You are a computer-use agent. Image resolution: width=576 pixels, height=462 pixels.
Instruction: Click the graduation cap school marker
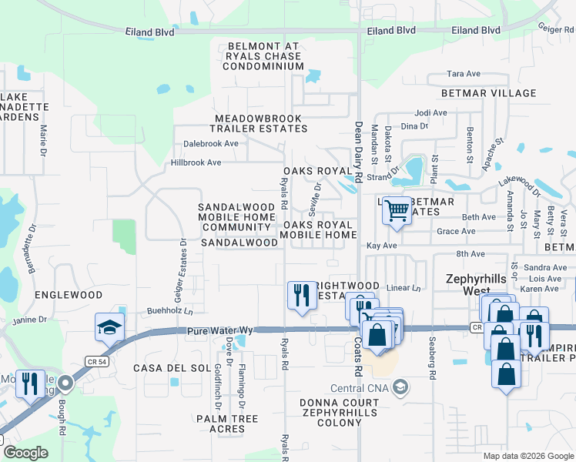coord(109,327)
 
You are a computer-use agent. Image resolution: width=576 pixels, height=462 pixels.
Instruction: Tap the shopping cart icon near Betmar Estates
coord(396,209)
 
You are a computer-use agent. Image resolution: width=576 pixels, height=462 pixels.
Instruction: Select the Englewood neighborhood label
coord(69,295)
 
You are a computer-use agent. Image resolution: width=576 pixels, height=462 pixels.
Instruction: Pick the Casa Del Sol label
coord(171,368)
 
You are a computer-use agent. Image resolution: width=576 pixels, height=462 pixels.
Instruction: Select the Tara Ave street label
coord(464,75)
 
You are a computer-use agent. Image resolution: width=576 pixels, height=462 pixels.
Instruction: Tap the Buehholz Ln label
coord(169,312)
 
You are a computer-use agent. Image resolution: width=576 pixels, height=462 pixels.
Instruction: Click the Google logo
coord(25,452)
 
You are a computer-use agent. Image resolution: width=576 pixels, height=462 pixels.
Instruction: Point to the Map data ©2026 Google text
coord(527,456)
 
